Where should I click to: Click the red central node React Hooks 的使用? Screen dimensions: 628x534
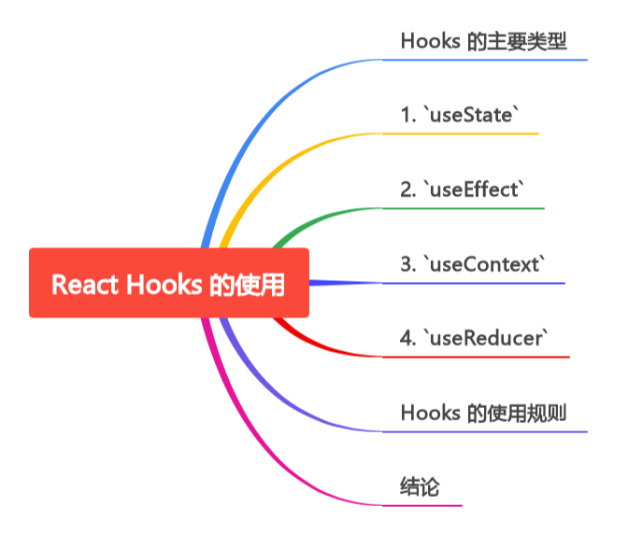point(168,283)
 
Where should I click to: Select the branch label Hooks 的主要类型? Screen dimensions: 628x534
point(483,41)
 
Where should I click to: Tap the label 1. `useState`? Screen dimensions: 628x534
point(459,116)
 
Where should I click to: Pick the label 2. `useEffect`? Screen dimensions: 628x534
point(463,190)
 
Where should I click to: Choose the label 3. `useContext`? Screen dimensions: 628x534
point(472,264)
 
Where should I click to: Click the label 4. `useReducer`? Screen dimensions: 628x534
point(474,338)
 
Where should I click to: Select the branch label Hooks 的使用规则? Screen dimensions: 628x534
point(483,413)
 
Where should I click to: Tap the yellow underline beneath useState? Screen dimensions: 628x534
point(461,133)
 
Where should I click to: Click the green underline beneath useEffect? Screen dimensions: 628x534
point(464,208)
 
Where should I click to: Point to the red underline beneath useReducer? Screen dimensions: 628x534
point(476,357)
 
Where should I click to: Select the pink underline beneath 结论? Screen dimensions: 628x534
point(422,505)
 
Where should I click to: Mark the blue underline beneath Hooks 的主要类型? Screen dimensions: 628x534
point(484,60)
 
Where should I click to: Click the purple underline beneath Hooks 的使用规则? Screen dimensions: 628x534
point(484,431)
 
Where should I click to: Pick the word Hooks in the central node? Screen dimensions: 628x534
point(158,284)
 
